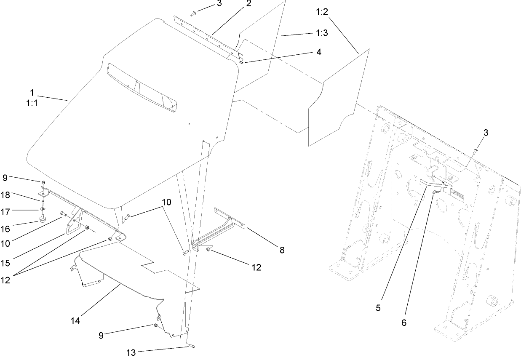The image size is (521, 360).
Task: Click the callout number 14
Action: (75, 321)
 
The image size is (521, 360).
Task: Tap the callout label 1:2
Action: (322, 12)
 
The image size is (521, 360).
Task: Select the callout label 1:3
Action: (322, 33)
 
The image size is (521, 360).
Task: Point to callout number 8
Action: (282, 250)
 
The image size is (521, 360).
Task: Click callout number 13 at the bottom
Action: (131, 352)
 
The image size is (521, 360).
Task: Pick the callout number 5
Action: (378, 308)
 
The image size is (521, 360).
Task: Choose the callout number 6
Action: (404, 323)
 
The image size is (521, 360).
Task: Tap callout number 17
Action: (5, 212)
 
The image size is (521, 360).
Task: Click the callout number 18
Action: (5, 195)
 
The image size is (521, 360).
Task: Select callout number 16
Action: (5, 229)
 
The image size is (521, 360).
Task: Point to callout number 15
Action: (5, 263)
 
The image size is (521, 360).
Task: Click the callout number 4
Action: (319, 52)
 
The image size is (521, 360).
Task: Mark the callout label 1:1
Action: (32, 103)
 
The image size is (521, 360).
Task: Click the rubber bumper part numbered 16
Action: (43, 219)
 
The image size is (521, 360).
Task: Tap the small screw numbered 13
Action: (192, 346)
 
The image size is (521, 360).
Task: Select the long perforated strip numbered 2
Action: (208, 37)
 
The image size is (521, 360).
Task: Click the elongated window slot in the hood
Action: (142, 88)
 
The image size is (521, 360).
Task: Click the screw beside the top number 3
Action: (192, 14)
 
